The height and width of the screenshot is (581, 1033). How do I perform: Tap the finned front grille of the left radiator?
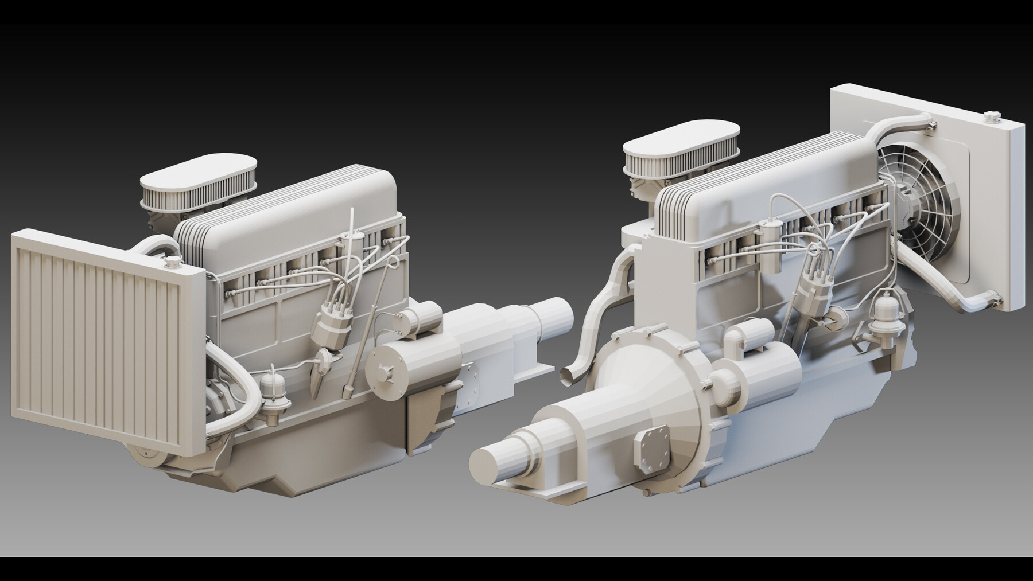point(103,338)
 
